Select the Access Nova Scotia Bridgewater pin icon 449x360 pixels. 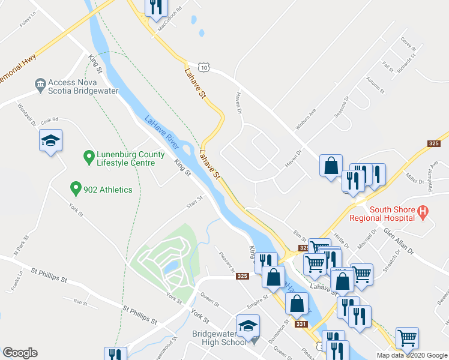click(x=41, y=84)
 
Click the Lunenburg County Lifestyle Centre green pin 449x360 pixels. click(x=89, y=158)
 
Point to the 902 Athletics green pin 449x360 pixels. click(x=76, y=189)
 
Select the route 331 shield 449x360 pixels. click(x=301, y=325)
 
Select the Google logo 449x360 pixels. click(x=20, y=353)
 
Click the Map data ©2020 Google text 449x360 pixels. click(x=411, y=355)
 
